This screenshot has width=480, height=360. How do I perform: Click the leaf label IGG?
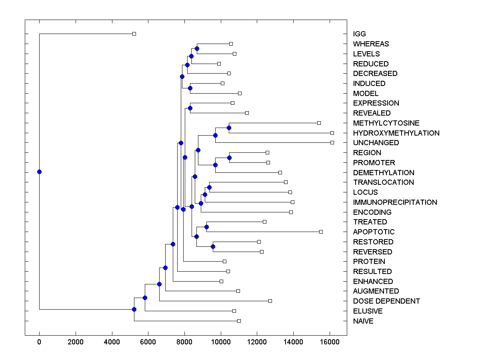(359, 34)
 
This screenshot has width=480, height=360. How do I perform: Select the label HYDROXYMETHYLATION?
(396, 133)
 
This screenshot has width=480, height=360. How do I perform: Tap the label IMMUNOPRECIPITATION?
(395, 202)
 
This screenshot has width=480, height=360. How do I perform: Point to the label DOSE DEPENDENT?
(386, 301)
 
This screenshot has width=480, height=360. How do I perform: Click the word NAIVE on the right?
(363, 321)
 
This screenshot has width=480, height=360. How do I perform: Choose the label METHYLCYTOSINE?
(386, 123)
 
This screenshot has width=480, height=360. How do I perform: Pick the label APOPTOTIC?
(374, 232)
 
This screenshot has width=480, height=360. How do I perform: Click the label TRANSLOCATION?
(383, 182)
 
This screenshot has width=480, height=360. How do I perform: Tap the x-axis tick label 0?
(39, 342)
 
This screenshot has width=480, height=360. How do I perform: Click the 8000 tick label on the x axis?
(184, 342)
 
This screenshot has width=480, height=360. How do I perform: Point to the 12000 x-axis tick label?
(257, 342)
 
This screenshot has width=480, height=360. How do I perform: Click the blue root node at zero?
(39, 172)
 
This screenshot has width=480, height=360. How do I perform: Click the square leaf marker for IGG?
(134, 34)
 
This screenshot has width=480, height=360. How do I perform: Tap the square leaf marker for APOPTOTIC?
(321, 232)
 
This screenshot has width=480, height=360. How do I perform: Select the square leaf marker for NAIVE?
(239, 321)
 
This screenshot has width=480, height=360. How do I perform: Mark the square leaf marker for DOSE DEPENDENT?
(270, 301)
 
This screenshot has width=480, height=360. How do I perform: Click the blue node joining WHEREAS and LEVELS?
(197, 48)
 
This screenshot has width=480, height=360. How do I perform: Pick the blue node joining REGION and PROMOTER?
(229, 158)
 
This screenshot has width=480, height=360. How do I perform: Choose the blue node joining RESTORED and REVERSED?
(213, 246)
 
